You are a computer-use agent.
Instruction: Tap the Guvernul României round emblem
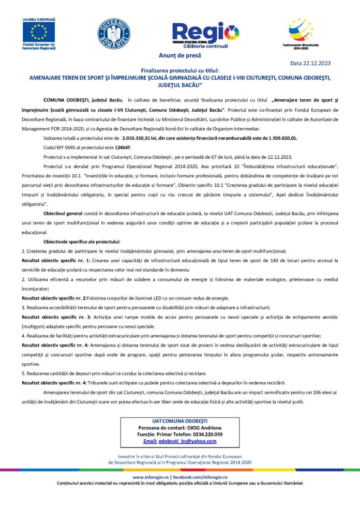pos(114,34)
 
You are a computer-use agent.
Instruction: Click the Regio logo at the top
pos(205,32)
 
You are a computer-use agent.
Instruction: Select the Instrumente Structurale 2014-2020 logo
pos(301,33)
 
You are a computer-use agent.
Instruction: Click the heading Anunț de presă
pos(180,55)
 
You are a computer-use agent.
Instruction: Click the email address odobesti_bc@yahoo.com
pos(187,441)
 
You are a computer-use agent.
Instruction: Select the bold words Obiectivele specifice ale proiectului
pos(82,241)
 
